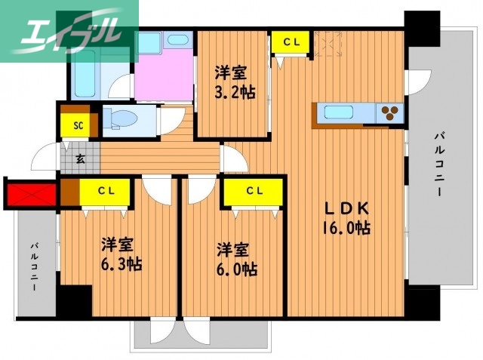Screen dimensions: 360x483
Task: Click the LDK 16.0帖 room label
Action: [346, 217]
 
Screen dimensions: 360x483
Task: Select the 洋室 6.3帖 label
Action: [122, 254]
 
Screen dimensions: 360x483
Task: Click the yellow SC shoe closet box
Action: [78, 125]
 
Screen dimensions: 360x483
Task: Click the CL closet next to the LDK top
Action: [291, 43]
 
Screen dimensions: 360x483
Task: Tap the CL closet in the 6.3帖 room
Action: [106, 190]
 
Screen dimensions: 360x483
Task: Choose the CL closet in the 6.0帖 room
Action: [252, 190]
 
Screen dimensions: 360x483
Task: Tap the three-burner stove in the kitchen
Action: [390, 113]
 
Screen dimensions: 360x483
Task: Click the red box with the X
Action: [30, 194]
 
